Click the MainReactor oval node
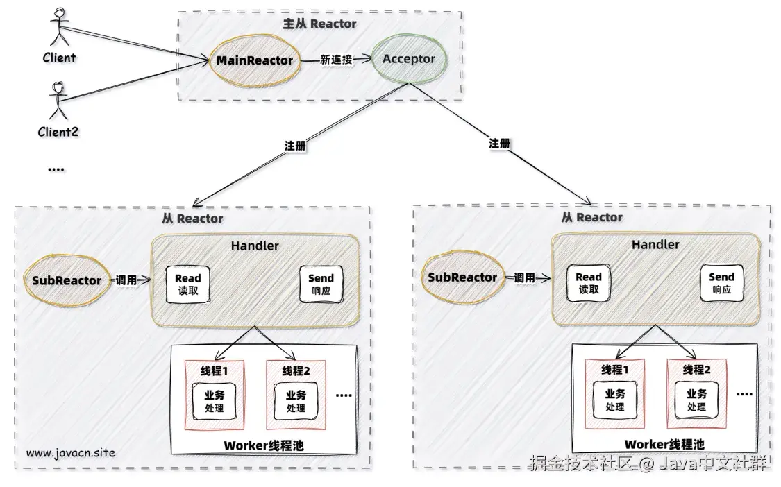tap(254, 60)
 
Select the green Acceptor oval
tap(409, 59)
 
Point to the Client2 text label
tap(58, 130)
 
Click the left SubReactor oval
tap(67, 281)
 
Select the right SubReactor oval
tap(462, 277)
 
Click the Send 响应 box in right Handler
tap(721, 283)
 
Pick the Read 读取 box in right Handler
tap(589, 283)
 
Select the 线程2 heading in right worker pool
tap(696, 369)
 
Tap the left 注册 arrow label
tap(295, 147)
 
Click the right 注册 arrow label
tap(500, 144)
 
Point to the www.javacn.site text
tap(70, 453)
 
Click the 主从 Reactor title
tap(319, 24)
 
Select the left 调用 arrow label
tap(126, 281)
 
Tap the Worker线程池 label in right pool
tap(664, 444)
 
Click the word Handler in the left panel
tap(255, 246)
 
